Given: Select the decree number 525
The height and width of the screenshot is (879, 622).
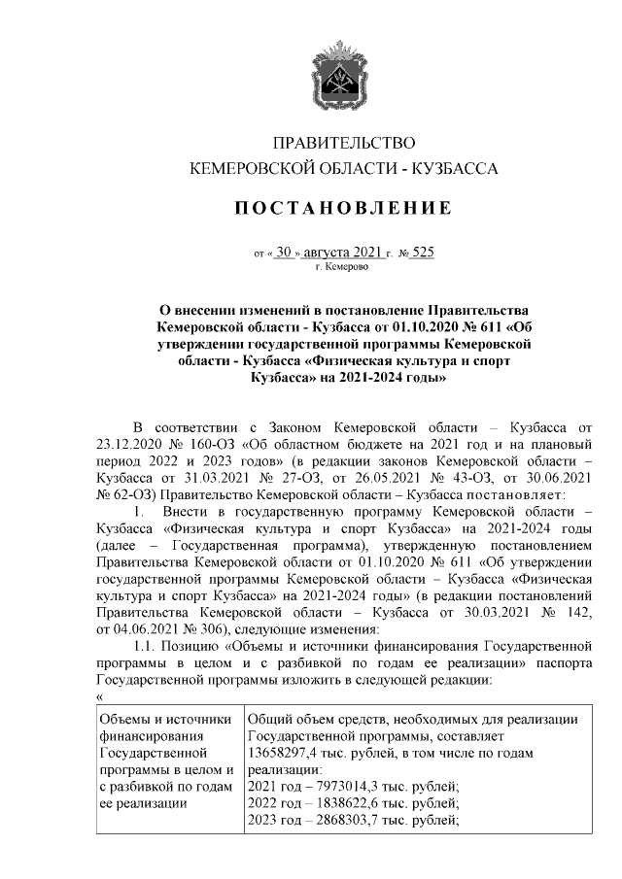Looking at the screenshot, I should click(x=423, y=252).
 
